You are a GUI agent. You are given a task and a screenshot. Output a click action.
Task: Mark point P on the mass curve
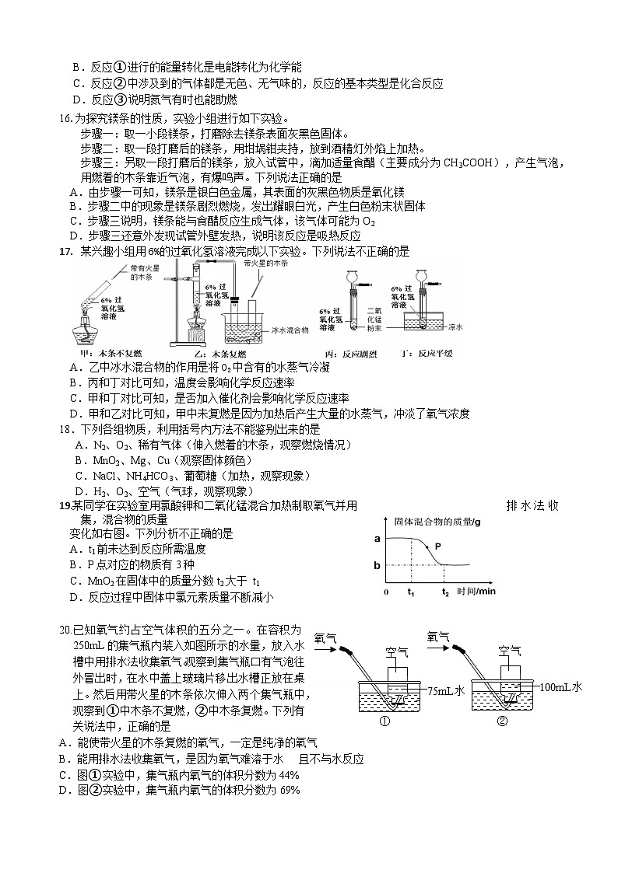click(x=437, y=546)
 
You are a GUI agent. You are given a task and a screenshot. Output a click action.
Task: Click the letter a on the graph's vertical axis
click(x=377, y=538)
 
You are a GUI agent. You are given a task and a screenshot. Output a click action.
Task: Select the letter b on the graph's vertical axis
click(x=377, y=564)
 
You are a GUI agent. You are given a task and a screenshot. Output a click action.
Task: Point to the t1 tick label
click(x=411, y=592)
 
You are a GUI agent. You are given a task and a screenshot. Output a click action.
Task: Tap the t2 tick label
click(x=445, y=592)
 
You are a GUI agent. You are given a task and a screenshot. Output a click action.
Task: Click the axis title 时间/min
click(x=476, y=592)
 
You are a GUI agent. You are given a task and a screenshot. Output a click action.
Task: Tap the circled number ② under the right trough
click(x=502, y=721)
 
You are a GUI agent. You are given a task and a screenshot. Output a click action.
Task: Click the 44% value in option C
click(x=288, y=775)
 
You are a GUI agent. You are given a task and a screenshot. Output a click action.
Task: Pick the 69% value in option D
click(x=288, y=791)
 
